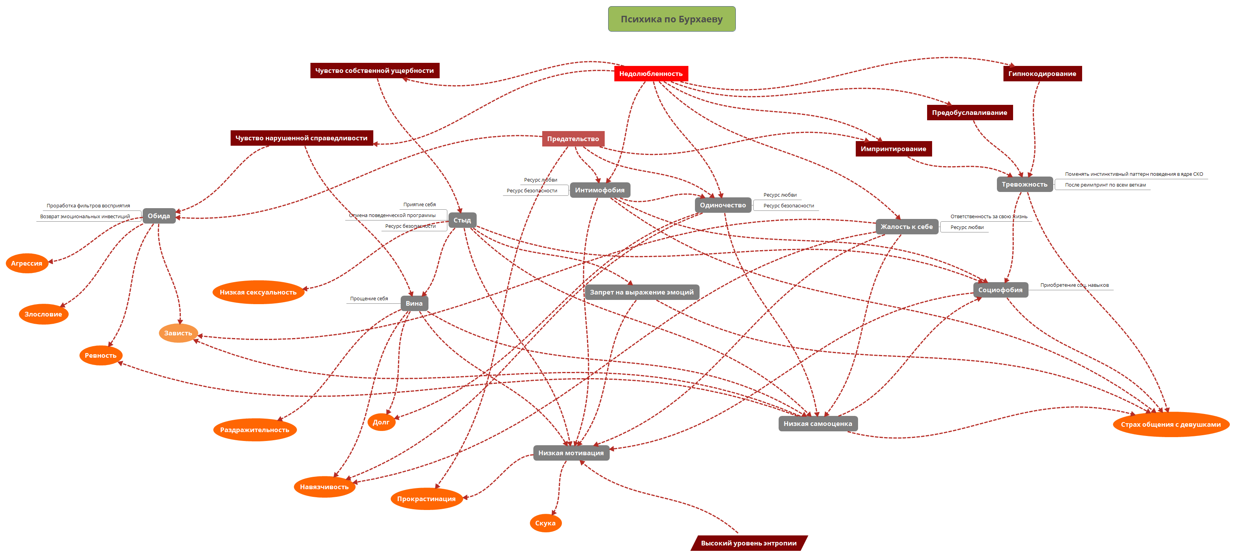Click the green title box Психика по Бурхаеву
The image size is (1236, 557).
click(671, 19)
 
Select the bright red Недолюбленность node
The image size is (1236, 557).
click(651, 73)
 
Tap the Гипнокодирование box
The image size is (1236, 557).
click(1042, 73)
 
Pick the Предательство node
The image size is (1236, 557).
click(573, 139)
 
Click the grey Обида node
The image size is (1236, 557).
click(159, 216)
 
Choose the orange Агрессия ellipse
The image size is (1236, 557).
click(27, 263)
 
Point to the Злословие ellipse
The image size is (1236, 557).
click(43, 314)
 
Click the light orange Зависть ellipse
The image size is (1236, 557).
click(178, 333)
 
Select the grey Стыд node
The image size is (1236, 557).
click(462, 220)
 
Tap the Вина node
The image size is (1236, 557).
click(414, 303)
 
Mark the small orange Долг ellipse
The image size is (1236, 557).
click(381, 422)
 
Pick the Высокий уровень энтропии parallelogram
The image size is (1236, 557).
click(749, 543)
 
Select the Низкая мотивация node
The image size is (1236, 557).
click(571, 453)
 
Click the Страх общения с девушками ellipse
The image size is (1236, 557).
click(1170, 424)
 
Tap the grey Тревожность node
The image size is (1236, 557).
click(1024, 184)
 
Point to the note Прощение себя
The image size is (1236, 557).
click(369, 298)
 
